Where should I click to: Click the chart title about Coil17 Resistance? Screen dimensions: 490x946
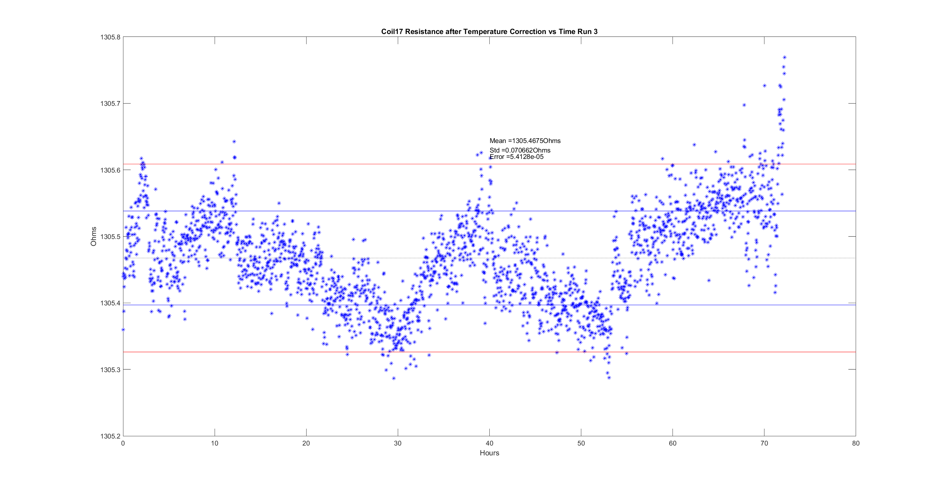(x=489, y=31)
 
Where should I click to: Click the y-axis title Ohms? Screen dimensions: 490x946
(x=93, y=236)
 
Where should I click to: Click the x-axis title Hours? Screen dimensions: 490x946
(x=489, y=453)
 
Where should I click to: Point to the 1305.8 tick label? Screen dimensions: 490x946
(x=110, y=37)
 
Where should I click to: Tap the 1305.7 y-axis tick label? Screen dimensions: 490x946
(x=110, y=104)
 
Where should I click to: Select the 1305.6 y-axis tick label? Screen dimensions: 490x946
(x=110, y=170)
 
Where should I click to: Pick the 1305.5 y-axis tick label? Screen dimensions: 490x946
(x=110, y=237)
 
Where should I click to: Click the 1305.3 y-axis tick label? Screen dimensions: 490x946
(x=110, y=370)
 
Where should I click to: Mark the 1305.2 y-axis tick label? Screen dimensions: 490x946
(x=110, y=436)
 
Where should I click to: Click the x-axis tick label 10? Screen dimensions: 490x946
(x=214, y=443)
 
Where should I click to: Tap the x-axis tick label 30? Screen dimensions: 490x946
(x=398, y=443)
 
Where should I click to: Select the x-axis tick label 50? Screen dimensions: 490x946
(x=581, y=443)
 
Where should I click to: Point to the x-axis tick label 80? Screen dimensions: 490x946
(x=856, y=443)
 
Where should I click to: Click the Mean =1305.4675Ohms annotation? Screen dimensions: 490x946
(x=525, y=141)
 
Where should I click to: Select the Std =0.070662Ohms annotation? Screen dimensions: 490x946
(x=520, y=150)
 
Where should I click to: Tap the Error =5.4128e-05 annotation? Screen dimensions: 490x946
(x=516, y=157)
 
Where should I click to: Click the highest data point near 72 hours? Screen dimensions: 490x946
(x=784, y=57)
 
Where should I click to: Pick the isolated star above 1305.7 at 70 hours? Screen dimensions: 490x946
(x=764, y=85)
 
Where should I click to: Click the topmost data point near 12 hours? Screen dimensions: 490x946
(x=234, y=141)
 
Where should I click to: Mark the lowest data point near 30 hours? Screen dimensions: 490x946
(x=394, y=378)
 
